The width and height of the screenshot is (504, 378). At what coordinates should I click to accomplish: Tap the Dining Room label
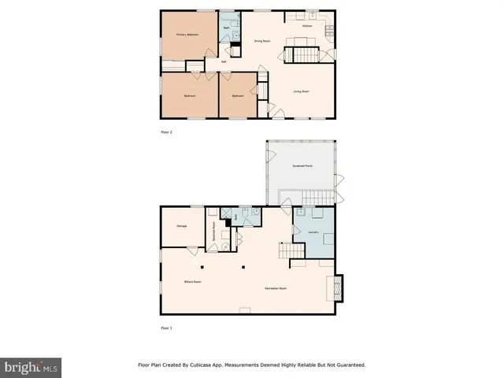pyautogui.click(x=262, y=40)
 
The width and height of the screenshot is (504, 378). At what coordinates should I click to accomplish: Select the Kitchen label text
pyautogui.click(x=308, y=26)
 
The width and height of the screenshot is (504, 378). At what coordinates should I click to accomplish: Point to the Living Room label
pyautogui.click(x=301, y=92)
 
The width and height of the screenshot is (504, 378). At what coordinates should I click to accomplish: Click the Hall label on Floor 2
pyautogui.click(x=224, y=61)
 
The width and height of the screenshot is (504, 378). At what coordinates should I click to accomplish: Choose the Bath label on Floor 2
pyautogui.click(x=226, y=28)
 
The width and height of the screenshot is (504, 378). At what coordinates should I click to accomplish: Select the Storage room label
pyautogui.click(x=181, y=227)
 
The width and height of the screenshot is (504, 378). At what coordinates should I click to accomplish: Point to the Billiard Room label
pyautogui.click(x=194, y=281)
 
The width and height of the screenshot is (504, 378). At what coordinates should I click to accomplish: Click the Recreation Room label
pyautogui.click(x=275, y=288)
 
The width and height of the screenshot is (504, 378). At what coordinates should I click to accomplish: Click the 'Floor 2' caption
pyautogui.click(x=166, y=132)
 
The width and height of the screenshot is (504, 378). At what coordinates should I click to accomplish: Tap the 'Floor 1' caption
pyautogui.click(x=166, y=327)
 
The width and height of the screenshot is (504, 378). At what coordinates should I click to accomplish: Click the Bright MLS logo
pyautogui.click(x=31, y=368)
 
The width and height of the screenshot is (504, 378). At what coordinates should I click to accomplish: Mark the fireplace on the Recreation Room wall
pyautogui.click(x=339, y=287)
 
